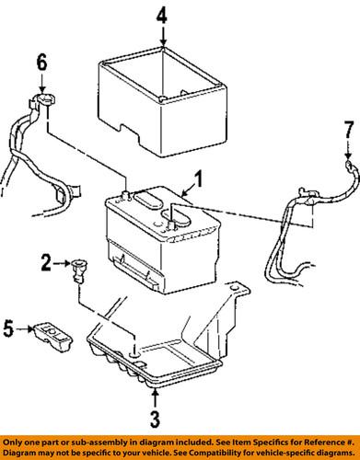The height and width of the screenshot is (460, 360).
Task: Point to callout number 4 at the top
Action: click(x=162, y=15)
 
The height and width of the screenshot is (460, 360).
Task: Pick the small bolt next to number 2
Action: click(x=77, y=270)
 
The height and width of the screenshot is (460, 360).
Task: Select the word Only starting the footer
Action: click(x=12, y=443)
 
